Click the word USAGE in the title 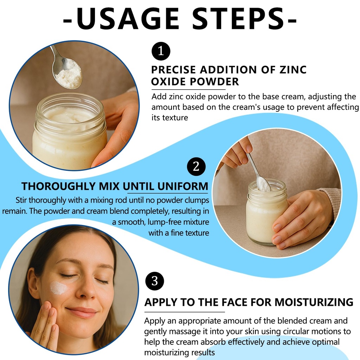pyautogui.click(x=127, y=19)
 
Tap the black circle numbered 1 pyautogui.click(x=161, y=51)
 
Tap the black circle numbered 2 pyautogui.click(x=196, y=166)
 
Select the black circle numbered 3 pyautogui.click(x=155, y=281)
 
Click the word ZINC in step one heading pyautogui.click(x=293, y=70)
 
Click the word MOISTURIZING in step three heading pyautogui.click(x=314, y=302)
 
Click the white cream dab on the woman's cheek pyautogui.click(x=58, y=288)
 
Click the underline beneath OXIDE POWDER pyautogui.click(x=188, y=89)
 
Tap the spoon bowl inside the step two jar pyautogui.click(x=264, y=184)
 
